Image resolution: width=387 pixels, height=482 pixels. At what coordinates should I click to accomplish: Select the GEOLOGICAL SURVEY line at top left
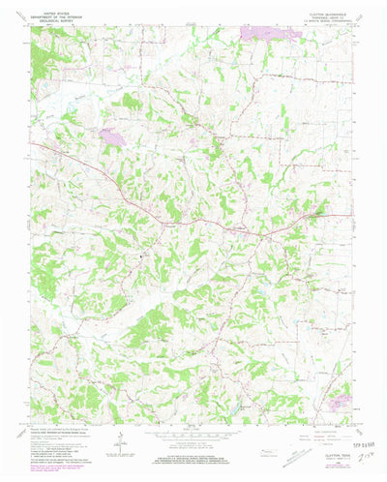57,18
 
